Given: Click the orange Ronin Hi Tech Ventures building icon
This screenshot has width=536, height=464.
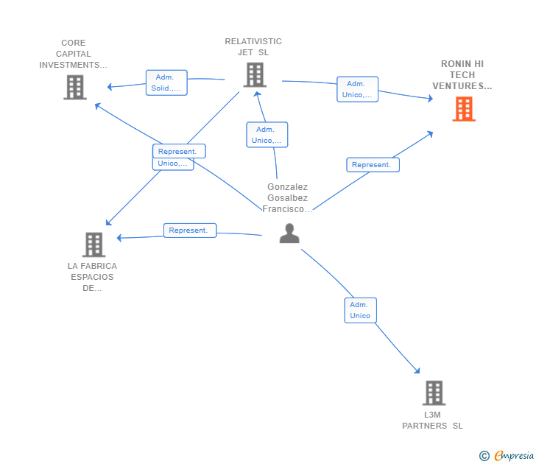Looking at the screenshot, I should coord(463,109).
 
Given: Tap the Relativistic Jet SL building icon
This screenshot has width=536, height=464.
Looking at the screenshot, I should coord(254,74).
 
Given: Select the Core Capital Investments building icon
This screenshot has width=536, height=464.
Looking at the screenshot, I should coord(74,87).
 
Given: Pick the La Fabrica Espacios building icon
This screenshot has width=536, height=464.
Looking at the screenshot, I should coord(94,245).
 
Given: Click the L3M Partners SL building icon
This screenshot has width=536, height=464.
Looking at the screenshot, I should coord(434,393).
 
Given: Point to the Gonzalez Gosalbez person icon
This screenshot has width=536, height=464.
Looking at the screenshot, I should coord(289,233).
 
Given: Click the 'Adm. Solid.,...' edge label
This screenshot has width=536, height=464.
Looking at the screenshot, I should coord(166,82).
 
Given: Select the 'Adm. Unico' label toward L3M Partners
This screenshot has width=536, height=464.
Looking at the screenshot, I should coord(360,310).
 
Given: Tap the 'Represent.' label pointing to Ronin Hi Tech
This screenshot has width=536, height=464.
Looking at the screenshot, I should coord(373,165).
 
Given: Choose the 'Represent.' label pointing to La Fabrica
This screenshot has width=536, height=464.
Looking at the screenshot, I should coord(190,231).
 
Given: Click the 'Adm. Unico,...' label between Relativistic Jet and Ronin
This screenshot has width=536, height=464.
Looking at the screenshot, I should coord(357,89).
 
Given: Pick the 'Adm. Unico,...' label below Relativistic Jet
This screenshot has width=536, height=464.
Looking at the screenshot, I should coord(267,135).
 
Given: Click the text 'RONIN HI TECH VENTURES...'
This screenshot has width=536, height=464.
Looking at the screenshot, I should coord(462,75).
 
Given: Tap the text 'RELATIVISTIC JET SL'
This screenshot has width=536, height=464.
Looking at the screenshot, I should coord(253,47).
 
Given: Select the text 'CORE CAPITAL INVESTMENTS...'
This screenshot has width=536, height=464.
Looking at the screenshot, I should coord(74,54).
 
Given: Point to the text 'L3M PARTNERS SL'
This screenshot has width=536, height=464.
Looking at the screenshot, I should coord(432,421).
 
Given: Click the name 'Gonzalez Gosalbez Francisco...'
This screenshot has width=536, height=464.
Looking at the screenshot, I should coord(288,198).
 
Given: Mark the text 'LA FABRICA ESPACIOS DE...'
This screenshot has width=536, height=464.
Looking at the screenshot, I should coord(92,277).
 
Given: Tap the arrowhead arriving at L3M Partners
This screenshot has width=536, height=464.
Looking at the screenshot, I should coord(417,371).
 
